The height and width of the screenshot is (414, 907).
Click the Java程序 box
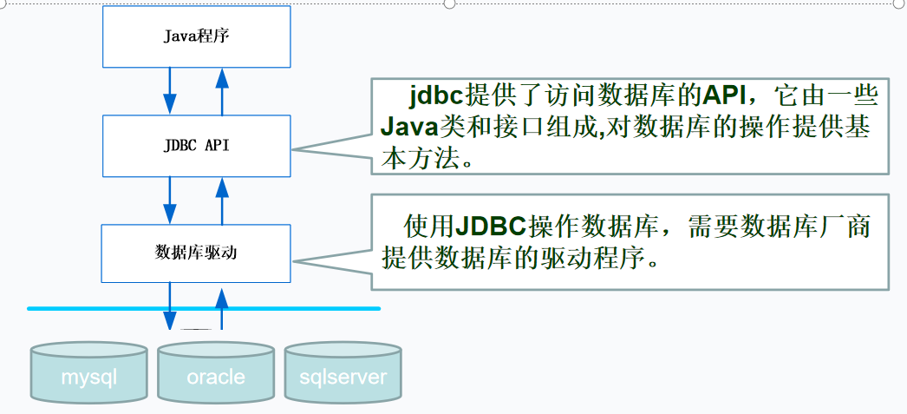(x=196, y=36)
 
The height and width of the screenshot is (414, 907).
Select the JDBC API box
(x=196, y=145)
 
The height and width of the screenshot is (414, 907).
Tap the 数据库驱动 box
(x=196, y=253)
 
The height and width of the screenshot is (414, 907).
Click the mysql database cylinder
(x=88, y=374)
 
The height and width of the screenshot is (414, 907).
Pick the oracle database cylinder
(x=216, y=374)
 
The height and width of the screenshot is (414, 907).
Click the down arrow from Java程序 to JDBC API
(x=170, y=90)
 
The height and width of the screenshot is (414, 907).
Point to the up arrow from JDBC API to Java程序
(x=222, y=90)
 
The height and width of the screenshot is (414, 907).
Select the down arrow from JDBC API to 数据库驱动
(x=170, y=200)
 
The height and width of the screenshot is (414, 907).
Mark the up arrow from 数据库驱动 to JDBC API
(x=222, y=200)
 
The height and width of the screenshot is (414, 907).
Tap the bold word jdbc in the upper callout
(x=437, y=95)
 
